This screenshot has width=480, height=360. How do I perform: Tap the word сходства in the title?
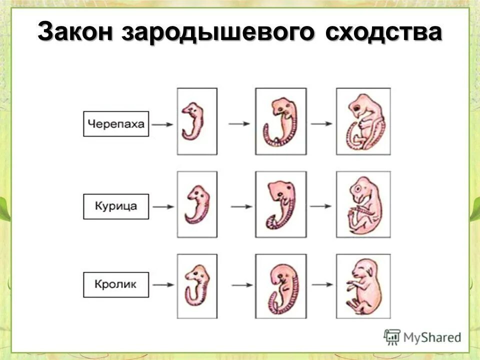[383, 33]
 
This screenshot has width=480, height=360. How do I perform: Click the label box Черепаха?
[116, 124]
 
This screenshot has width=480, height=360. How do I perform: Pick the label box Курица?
[116, 206]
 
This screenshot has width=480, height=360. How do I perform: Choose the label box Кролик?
[116, 285]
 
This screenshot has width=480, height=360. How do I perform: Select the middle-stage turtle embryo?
[280, 121]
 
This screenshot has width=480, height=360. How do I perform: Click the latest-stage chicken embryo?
[363, 205]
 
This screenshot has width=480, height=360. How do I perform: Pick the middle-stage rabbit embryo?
[280, 286]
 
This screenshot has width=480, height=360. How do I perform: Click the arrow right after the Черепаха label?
[163, 124]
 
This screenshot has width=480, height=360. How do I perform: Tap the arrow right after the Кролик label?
[163, 285]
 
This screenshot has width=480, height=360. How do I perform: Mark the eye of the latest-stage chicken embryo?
[358, 189]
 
